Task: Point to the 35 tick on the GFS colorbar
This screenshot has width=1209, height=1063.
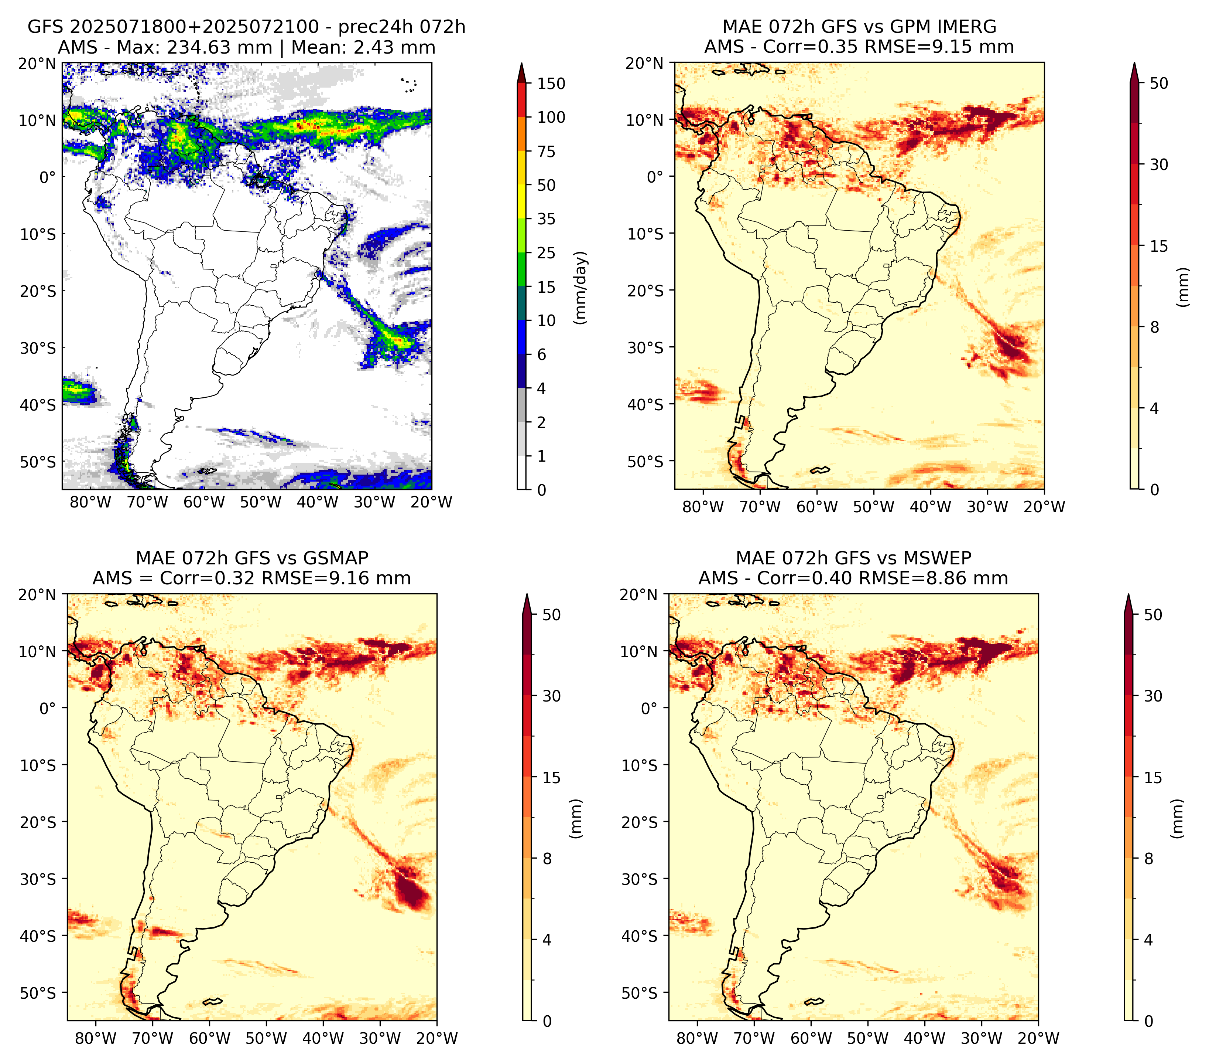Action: tap(547, 219)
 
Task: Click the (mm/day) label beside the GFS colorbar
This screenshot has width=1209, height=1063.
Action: tap(582, 287)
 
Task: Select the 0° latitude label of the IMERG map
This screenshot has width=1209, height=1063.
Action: tap(655, 176)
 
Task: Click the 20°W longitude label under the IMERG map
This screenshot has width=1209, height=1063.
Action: tap(1044, 507)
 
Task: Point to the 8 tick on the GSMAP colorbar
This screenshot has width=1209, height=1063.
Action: tap(547, 859)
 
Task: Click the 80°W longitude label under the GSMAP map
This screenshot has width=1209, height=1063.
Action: tap(95, 1038)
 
